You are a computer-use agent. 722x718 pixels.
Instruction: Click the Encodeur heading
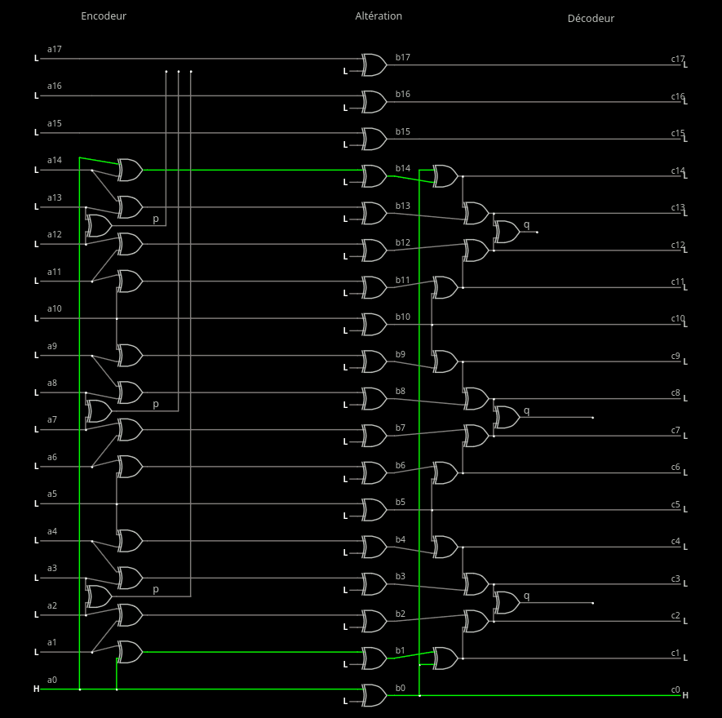[x=104, y=16]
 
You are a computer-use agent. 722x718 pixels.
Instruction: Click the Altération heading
[x=379, y=16]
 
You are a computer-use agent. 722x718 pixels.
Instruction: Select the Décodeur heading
[x=591, y=18]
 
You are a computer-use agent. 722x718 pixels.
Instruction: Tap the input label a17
[x=55, y=49]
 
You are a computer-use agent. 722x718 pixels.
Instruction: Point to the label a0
[x=52, y=680]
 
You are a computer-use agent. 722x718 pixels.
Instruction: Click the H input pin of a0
[x=36, y=689]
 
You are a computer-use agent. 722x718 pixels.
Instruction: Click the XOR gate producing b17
[x=374, y=64]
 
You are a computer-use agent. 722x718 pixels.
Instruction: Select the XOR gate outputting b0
[x=374, y=695]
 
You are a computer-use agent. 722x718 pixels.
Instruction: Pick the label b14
[x=403, y=168]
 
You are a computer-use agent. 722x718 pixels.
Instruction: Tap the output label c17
[x=678, y=59]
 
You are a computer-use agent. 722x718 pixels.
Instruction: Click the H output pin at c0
[x=685, y=695]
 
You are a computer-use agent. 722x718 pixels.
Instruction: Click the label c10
[x=678, y=318]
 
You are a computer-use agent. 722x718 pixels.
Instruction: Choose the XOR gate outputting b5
[x=374, y=510]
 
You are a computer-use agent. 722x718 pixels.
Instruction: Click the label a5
[x=52, y=494]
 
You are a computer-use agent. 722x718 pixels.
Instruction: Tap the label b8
[x=401, y=391]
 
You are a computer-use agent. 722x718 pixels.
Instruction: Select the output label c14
[x=678, y=171]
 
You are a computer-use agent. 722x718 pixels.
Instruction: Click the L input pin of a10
[x=36, y=318]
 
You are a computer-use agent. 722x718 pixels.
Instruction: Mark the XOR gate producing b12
[x=374, y=250]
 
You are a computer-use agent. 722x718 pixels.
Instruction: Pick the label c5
[x=675, y=504]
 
